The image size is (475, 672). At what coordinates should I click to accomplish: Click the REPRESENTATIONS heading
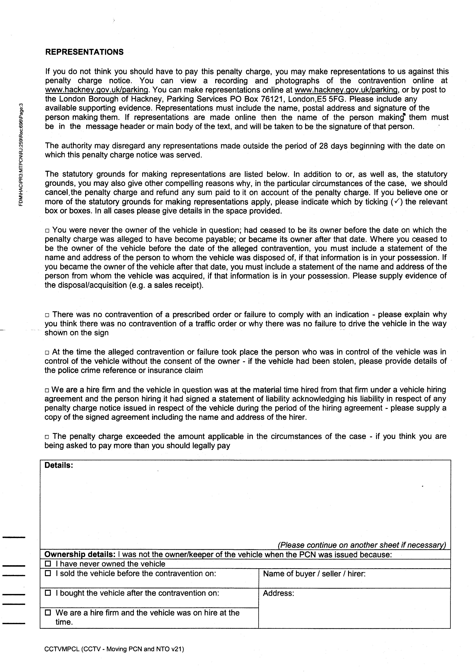[x=84, y=52]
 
